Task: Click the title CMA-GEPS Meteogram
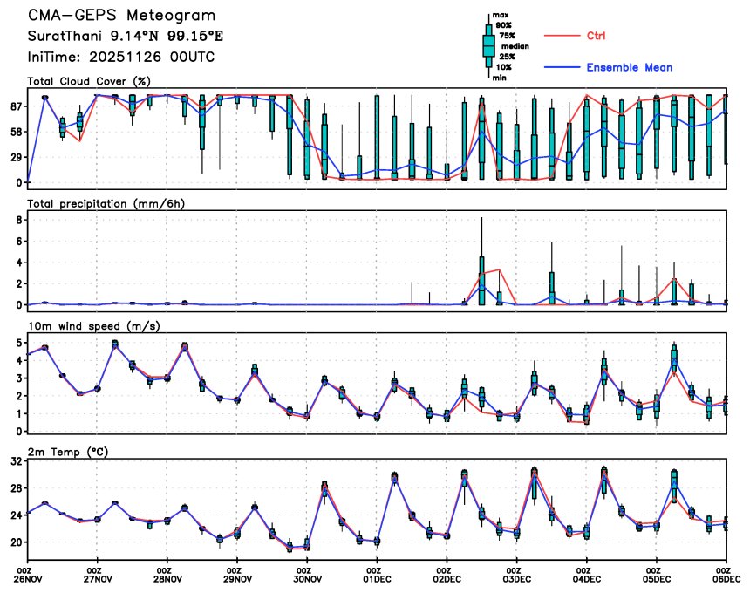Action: pyautogui.click(x=121, y=17)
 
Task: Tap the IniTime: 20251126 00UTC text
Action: pyautogui.click(x=121, y=58)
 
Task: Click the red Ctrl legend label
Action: pyautogui.click(x=596, y=36)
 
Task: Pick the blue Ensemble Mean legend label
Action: pyautogui.click(x=629, y=67)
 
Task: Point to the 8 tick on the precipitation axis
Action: pyautogui.click(x=17, y=221)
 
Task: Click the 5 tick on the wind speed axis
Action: pyautogui.click(x=17, y=343)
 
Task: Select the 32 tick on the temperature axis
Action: pyautogui.click(x=14, y=463)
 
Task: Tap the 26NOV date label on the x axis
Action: pyautogui.click(x=29, y=577)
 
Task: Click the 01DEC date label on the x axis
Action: pyautogui.click(x=377, y=577)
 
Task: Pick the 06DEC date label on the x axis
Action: pyautogui.click(x=726, y=577)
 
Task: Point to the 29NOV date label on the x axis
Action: pyautogui.click(x=237, y=577)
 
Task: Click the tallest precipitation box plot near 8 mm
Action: pyautogui.click(x=481, y=279)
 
